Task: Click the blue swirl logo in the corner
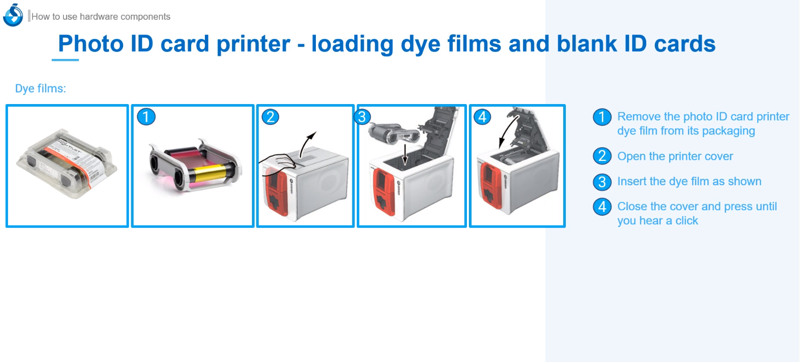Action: click(13, 15)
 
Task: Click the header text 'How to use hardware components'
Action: click(101, 16)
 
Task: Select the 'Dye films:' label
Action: click(41, 88)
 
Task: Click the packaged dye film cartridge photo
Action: click(67, 163)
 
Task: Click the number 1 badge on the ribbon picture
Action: click(146, 117)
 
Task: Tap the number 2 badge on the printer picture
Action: click(270, 117)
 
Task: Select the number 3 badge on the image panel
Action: click(362, 117)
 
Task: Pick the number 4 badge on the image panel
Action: click(482, 117)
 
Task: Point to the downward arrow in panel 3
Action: click(405, 154)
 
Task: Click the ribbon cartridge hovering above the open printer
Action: click(394, 133)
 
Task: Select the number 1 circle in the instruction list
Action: click(602, 117)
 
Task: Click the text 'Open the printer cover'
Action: click(675, 156)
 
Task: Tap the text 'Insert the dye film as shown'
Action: click(689, 181)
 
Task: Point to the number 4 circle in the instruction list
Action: click(602, 207)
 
